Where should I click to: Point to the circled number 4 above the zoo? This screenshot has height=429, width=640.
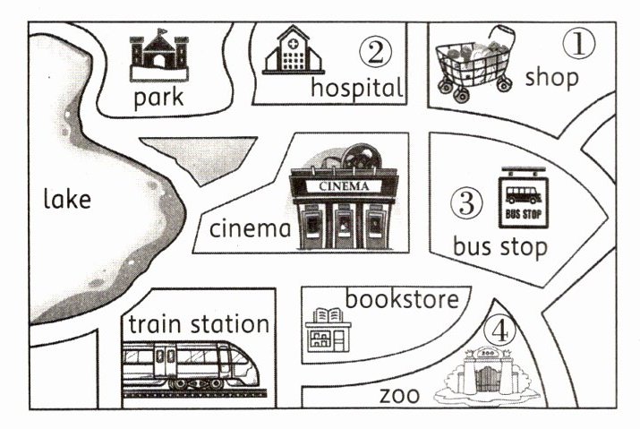coord(499,331)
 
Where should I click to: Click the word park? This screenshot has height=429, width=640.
coord(158,97)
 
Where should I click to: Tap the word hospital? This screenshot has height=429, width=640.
coord(356,88)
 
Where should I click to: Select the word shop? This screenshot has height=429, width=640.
coord(551,77)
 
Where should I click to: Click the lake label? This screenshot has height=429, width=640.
coord(67,199)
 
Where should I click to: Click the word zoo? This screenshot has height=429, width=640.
coord(399,395)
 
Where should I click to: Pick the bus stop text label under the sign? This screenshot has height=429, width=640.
coord(499,246)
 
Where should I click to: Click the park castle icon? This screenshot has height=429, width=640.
coord(158,56)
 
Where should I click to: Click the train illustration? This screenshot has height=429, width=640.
coord(195,367)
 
